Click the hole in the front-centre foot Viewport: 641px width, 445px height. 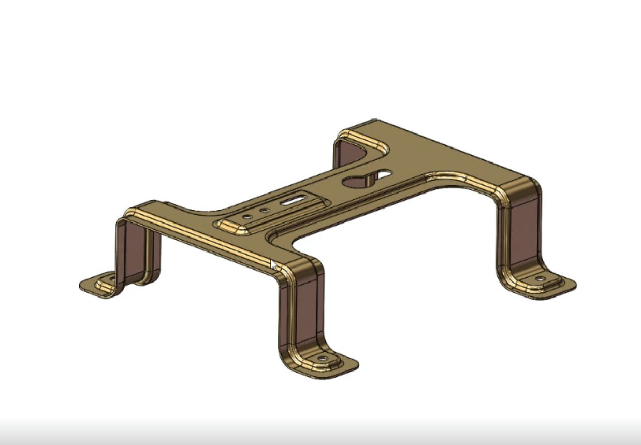pos(323,358)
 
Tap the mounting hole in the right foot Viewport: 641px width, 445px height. pos(540,278)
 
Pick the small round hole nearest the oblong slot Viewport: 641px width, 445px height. pos(265,211)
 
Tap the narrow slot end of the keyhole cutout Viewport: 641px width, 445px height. pos(384,174)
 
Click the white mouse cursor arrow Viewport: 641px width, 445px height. pos(273,265)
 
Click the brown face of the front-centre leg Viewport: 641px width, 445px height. pos(306,310)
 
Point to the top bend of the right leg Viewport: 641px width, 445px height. pos(520,189)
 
